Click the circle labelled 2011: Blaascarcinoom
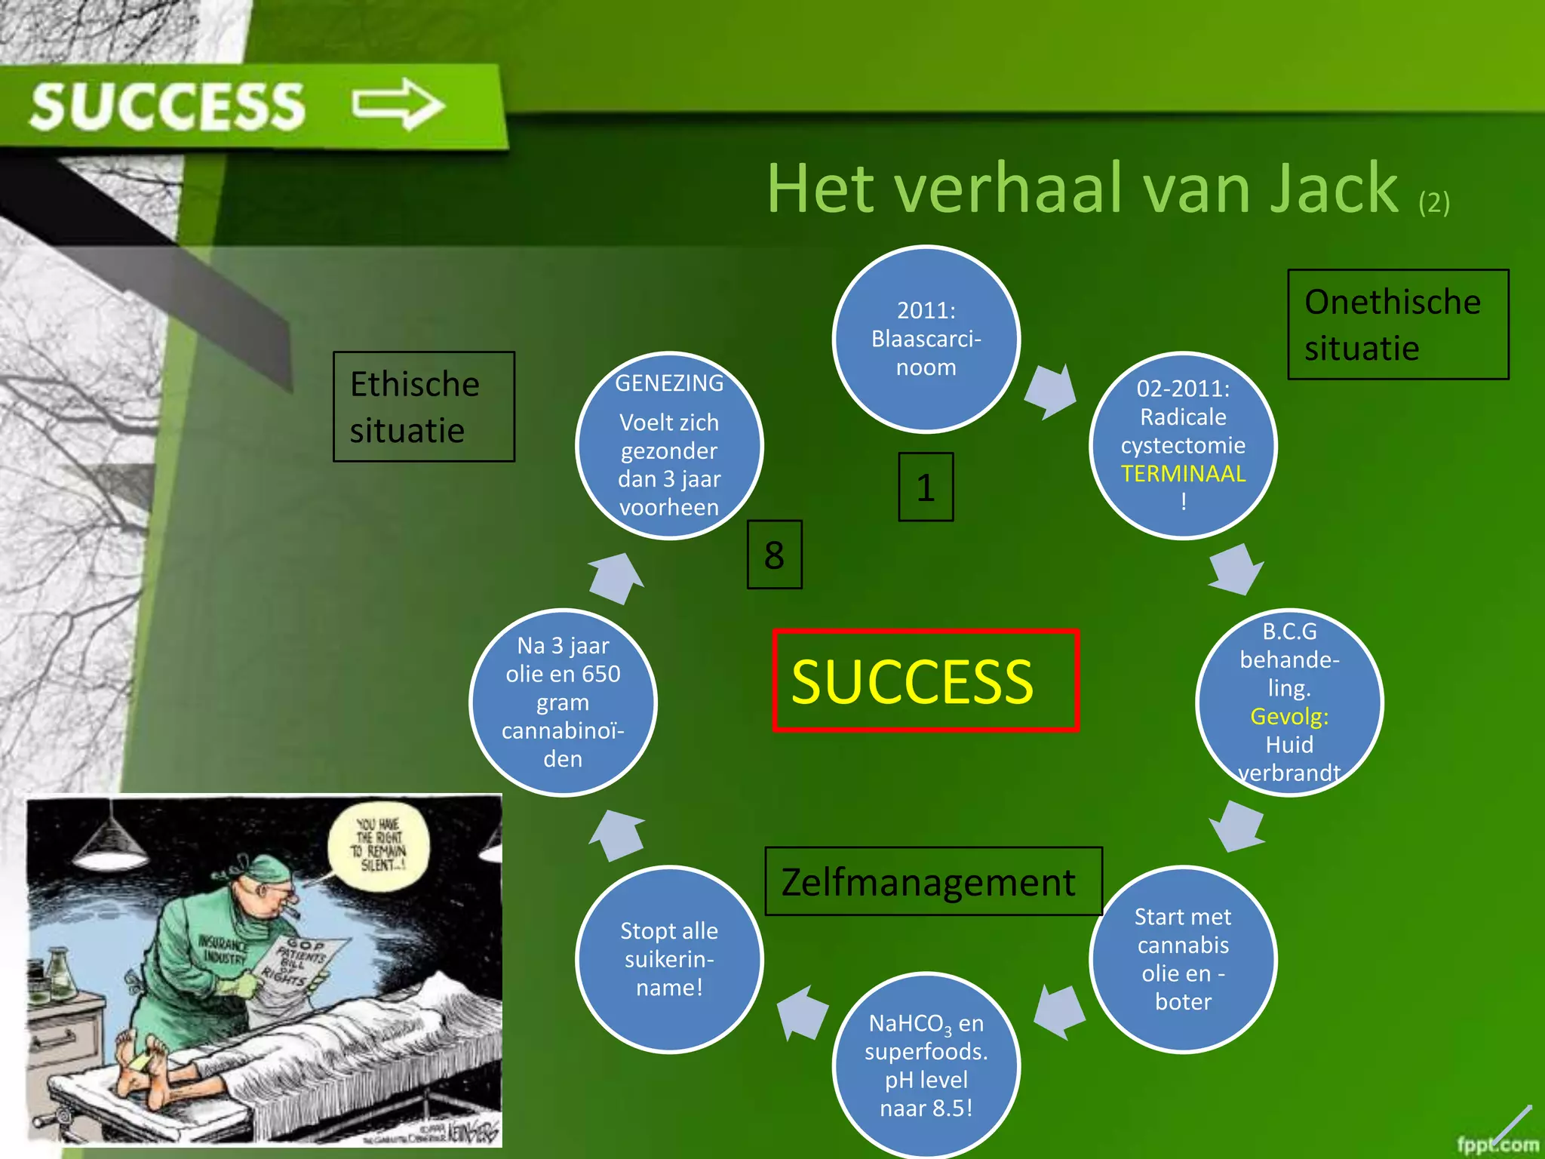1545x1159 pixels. click(x=926, y=339)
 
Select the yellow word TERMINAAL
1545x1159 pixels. click(x=1183, y=474)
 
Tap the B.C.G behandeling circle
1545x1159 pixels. click(x=1289, y=702)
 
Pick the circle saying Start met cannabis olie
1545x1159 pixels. click(x=1183, y=958)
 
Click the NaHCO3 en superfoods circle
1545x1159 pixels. click(x=926, y=1065)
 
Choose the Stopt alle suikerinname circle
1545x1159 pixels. click(x=669, y=958)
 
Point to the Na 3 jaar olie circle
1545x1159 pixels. click(x=563, y=702)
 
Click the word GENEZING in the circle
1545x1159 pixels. click(x=669, y=383)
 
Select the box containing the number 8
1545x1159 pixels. click(x=774, y=555)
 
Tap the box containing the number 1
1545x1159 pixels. click(x=926, y=487)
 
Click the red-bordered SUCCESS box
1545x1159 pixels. click(x=926, y=681)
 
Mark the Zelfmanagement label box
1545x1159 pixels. click(x=933, y=881)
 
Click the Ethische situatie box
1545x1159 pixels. click(x=424, y=407)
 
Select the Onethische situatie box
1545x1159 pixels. click(x=1397, y=324)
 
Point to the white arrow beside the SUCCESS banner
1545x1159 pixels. click(x=398, y=103)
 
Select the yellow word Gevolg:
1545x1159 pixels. click(x=1289, y=716)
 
